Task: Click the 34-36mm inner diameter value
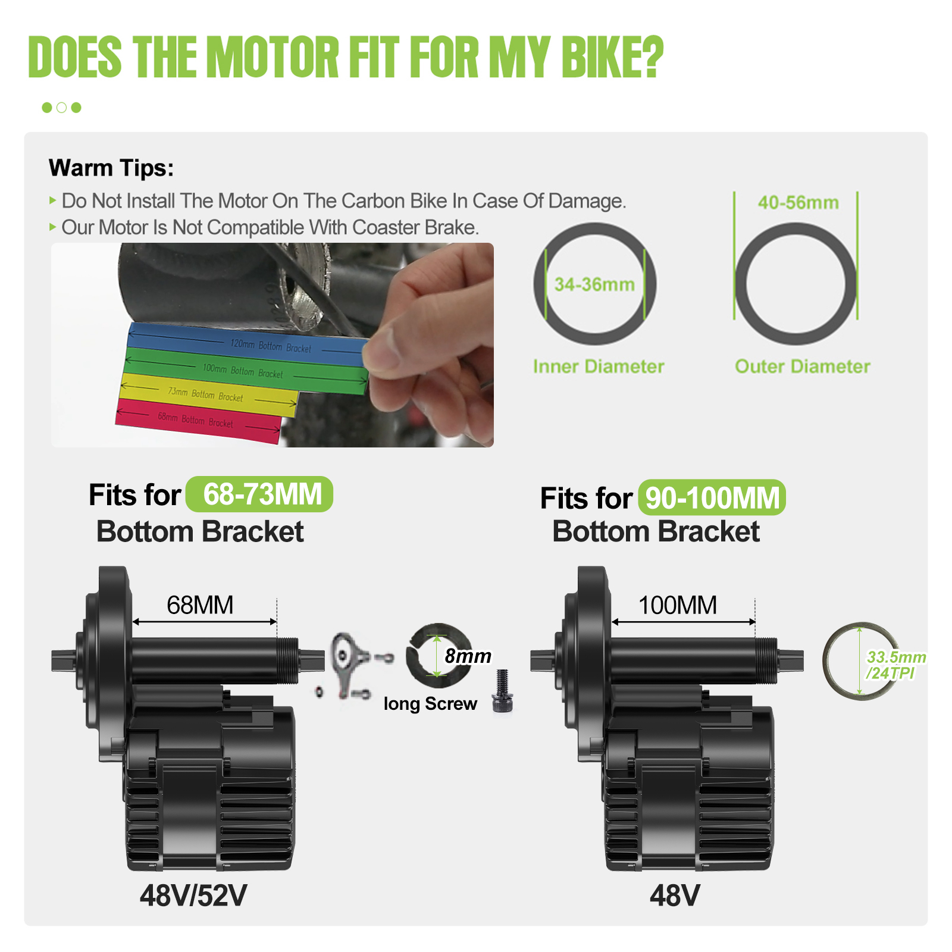(x=594, y=284)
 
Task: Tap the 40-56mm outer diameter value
(x=798, y=202)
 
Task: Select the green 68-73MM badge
(x=259, y=494)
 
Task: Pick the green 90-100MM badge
(x=712, y=497)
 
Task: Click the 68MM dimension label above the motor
(x=200, y=605)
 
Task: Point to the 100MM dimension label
(x=678, y=605)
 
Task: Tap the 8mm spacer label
(x=468, y=656)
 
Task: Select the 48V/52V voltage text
(x=193, y=895)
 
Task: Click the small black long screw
(x=502, y=691)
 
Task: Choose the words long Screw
(x=430, y=704)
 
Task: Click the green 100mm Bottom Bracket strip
(x=245, y=371)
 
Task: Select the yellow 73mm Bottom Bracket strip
(x=208, y=394)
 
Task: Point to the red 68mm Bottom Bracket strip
(x=198, y=420)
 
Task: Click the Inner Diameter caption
(x=599, y=367)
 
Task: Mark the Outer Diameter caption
(x=803, y=367)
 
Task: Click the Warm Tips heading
(x=111, y=168)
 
